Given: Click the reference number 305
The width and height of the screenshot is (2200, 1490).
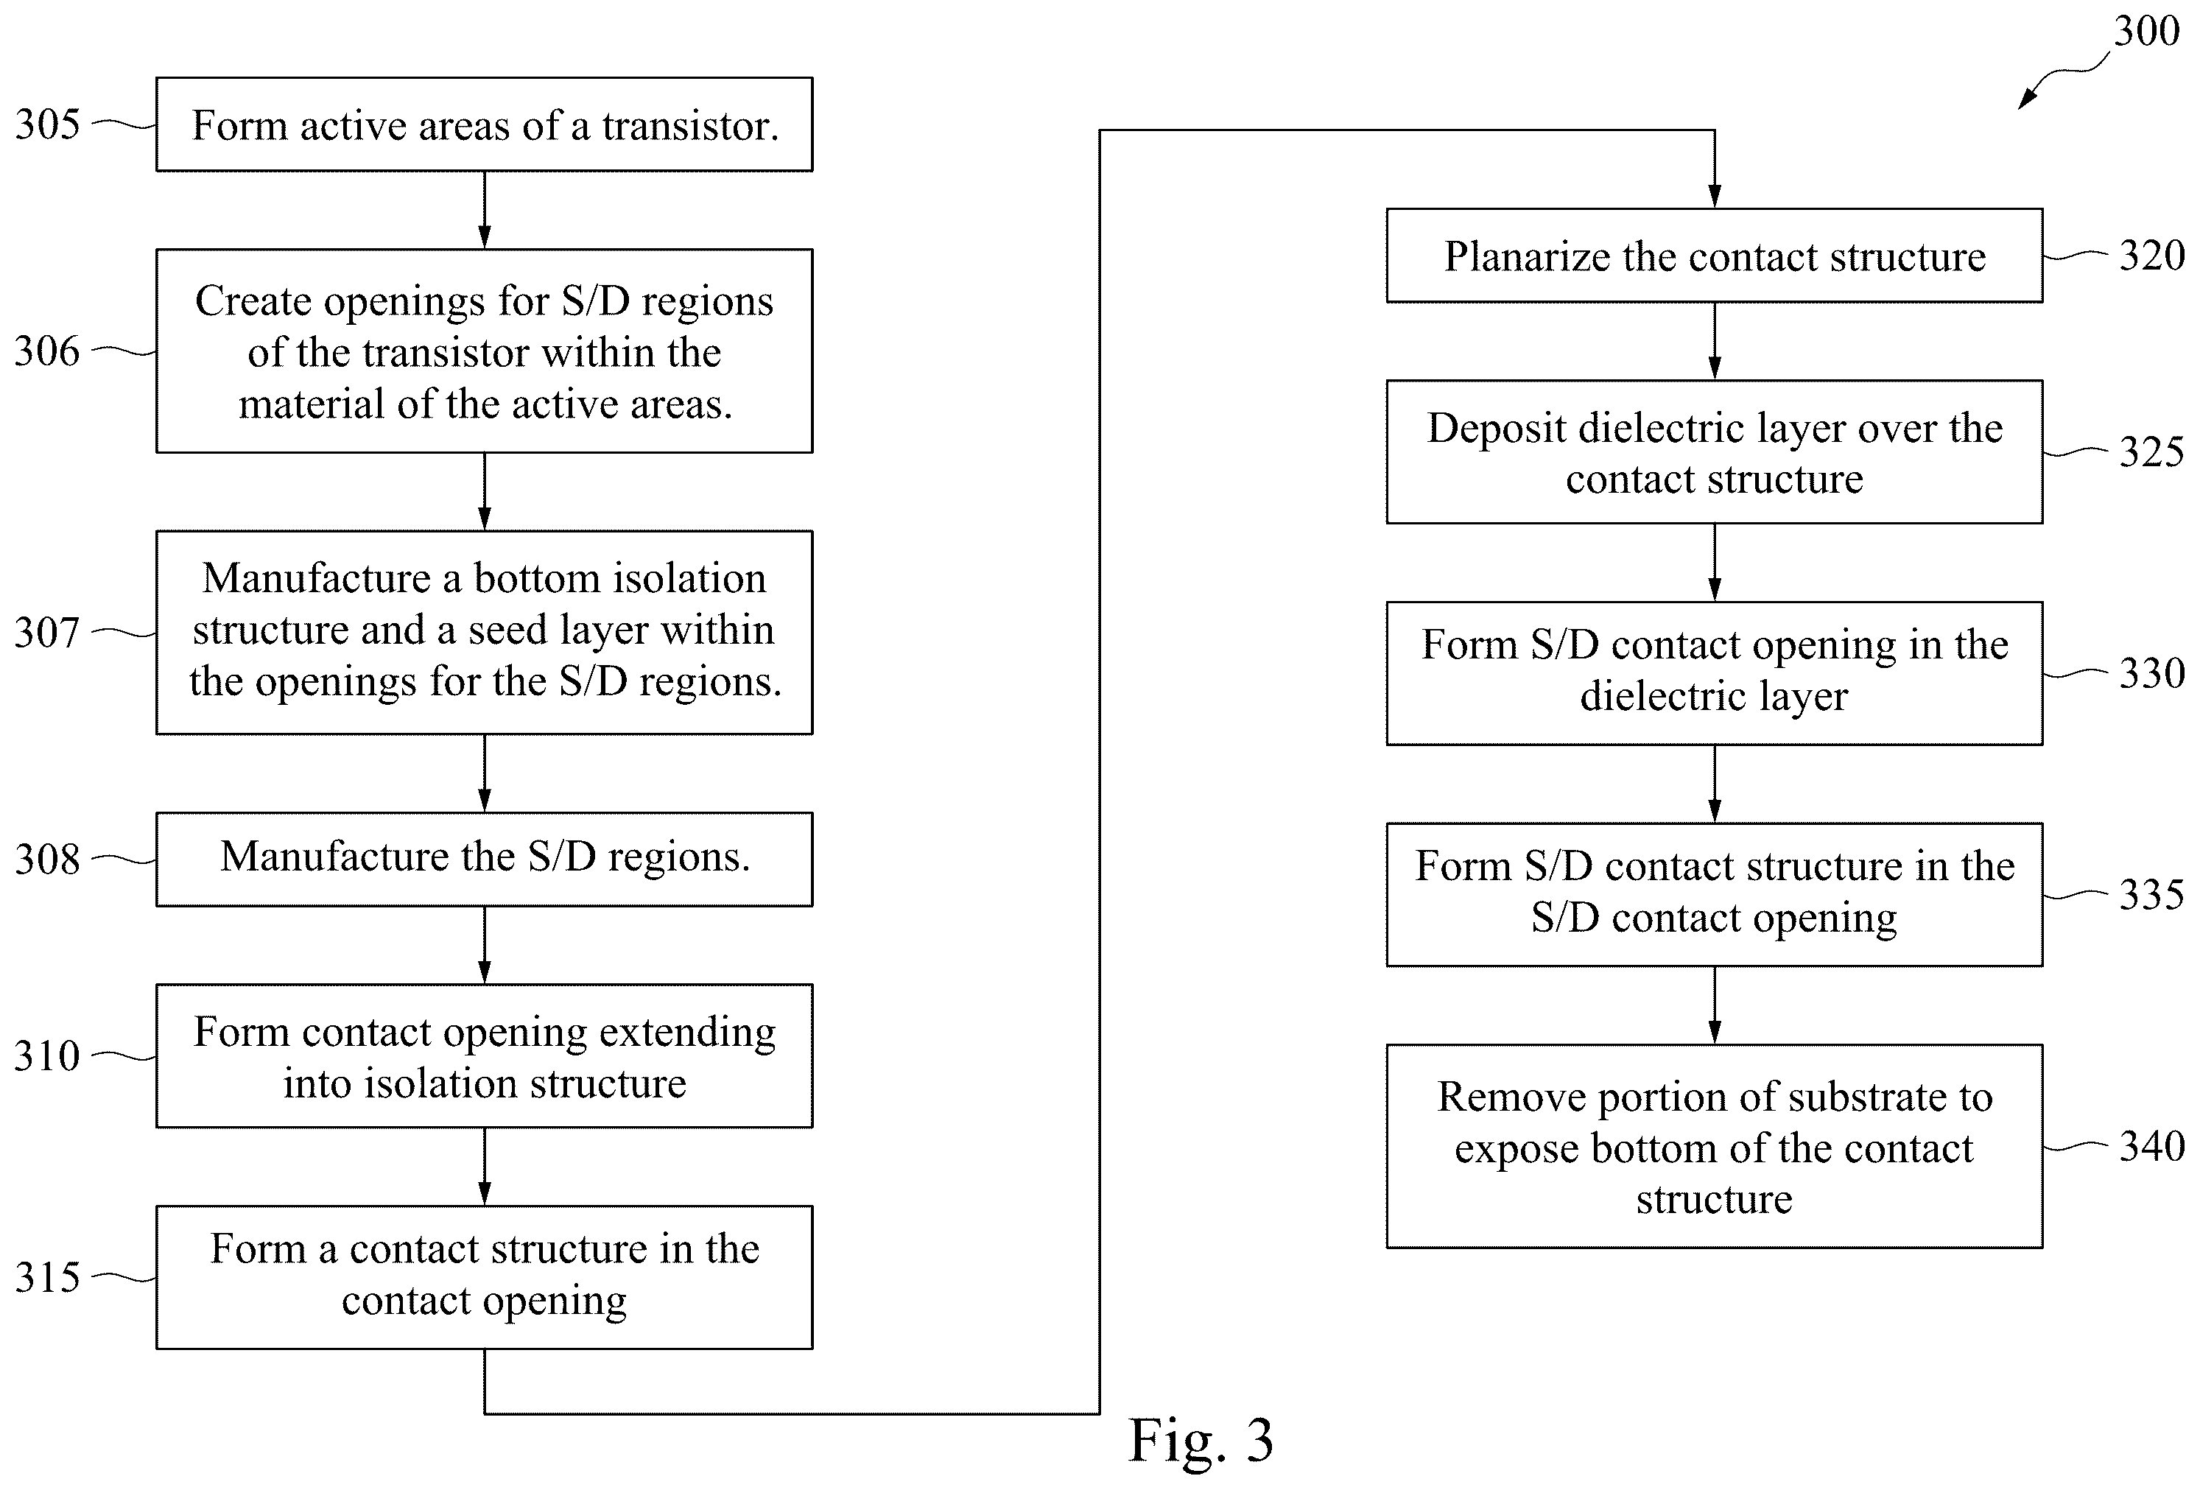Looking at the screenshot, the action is point(47,124).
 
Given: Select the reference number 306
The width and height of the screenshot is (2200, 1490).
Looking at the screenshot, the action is point(47,351).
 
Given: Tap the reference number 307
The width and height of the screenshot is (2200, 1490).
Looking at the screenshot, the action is point(47,633).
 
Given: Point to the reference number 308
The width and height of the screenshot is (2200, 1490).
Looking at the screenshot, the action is point(47,860).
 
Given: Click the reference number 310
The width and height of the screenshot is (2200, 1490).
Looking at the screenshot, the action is point(47,1055).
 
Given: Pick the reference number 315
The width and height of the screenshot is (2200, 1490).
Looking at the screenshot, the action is point(47,1277).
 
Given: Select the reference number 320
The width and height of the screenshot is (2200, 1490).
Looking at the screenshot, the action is point(2151,256).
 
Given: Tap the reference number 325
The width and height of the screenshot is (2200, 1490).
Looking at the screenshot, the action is point(2151,451).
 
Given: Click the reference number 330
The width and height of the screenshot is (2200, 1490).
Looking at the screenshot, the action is point(2151,673).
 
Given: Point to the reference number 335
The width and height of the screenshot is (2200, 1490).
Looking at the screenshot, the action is point(2151,895).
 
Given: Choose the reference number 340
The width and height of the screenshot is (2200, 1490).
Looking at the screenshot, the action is point(2151,1146).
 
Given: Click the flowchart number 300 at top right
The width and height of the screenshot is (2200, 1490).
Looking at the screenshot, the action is point(2147,31).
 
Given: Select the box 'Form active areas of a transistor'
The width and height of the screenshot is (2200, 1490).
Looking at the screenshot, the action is point(485,124).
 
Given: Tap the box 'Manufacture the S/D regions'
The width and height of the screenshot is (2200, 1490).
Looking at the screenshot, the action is point(485,860).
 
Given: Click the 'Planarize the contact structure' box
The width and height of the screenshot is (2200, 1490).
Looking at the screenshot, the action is point(1715,256).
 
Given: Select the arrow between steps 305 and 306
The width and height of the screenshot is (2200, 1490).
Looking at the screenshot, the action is point(485,210).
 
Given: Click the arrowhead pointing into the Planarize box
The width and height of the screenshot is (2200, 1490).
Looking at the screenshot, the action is point(1715,196).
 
